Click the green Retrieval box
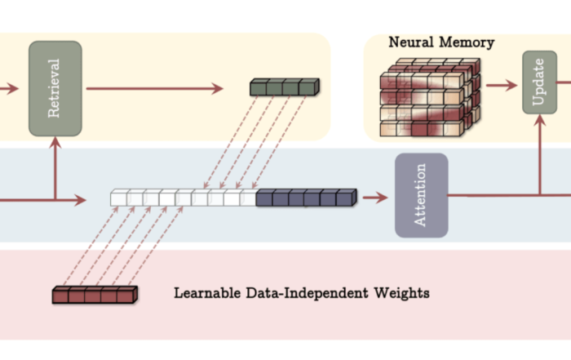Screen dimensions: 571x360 coord(55,88)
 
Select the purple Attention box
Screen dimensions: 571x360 coord(422,195)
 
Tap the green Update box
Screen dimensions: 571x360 coord(540,82)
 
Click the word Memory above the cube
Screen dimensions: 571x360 coord(467,42)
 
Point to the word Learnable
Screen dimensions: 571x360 coord(207,293)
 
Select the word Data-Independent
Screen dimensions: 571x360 coord(307,293)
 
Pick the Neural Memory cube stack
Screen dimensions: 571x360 coord(430,97)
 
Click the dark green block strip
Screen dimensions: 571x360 coord(285,87)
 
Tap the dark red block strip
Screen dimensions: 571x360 coord(95,295)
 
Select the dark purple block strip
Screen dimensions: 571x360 coord(306,198)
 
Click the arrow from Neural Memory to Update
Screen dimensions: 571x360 coord(502,85)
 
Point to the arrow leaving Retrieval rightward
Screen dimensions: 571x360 coord(155,88)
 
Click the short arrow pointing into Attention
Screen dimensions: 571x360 coord(375,198)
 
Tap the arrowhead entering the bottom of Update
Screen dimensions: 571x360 coord(540,121)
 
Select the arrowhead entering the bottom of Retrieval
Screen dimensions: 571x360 coord(55,143)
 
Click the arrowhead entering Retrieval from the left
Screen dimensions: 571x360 coord(13,88)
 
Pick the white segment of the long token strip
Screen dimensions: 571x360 coord(184,198)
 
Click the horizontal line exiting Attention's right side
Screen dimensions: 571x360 coord(510,195)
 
